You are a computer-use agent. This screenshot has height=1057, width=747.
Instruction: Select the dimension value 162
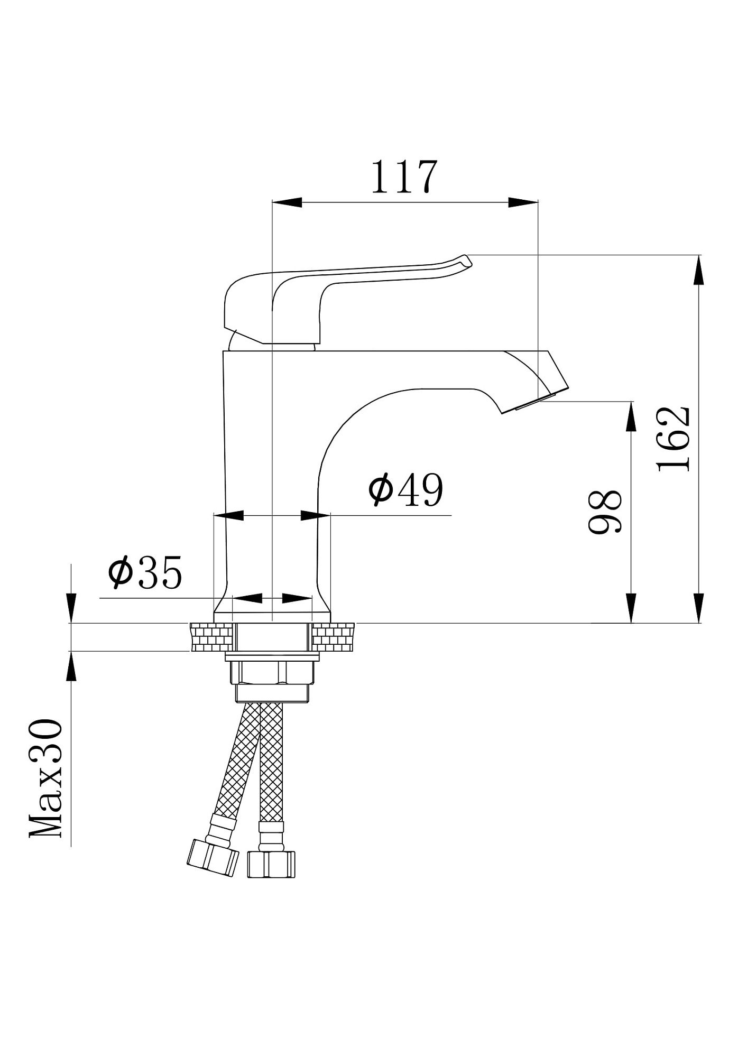(x=673, y=439)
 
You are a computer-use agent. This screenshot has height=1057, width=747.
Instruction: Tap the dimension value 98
(x=605, y=512)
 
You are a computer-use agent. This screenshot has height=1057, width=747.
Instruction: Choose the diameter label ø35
(x=145, y=572)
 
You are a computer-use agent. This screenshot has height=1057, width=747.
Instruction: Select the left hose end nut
(x=212, y=858)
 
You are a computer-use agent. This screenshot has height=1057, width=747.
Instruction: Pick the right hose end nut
(x=271, y=865)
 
